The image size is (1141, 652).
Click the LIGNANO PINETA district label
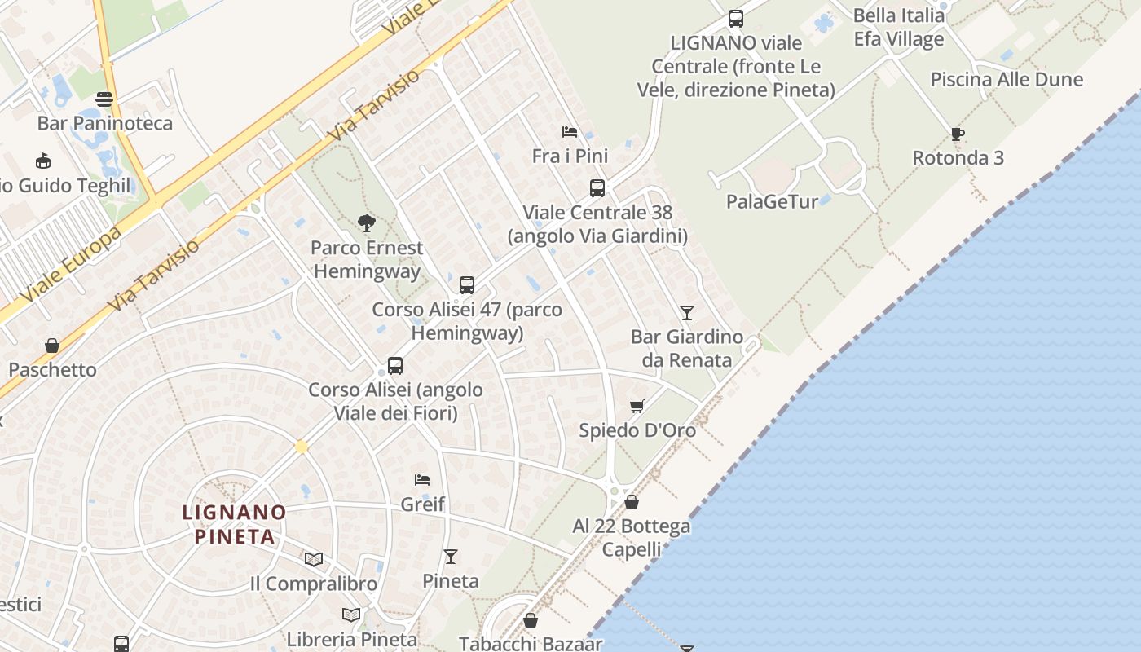point(234,524)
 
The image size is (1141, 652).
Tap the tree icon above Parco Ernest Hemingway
point(367,222)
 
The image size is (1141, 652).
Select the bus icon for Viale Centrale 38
point(597,188)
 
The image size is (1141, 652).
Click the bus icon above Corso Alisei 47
point(467,285)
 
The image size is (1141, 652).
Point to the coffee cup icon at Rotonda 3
point(958,134)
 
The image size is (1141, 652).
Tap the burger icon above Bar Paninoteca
point(104,99)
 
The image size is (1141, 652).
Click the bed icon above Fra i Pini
point(570,131)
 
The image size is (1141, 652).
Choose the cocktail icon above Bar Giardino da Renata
point(687,312)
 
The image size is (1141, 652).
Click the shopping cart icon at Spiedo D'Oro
point(637,406)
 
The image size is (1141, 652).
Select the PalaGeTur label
point(772,201)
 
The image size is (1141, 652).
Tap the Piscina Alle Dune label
point(1007,79)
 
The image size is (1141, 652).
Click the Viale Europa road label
point(73,263)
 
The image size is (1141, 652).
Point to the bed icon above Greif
point(422,479)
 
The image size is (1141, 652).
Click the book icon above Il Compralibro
point(314,559)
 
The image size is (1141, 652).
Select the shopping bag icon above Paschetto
point(52,346)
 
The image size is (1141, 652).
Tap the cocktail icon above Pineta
point(451,557)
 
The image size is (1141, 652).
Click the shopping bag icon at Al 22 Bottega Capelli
point(632,502)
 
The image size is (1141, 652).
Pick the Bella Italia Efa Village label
point(899,27)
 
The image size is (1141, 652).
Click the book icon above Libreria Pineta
point(351,615)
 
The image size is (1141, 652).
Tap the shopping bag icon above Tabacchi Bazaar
point(531,621)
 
